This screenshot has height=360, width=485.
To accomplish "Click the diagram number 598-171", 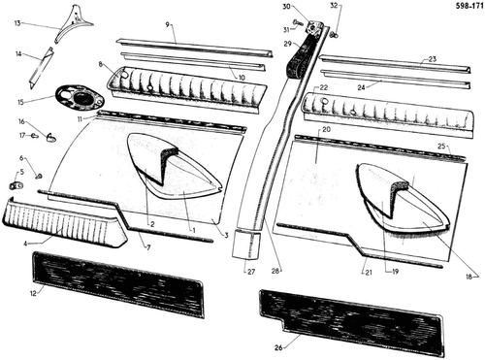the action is [x=469, y=6].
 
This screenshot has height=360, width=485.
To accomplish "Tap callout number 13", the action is [x=17, y=23].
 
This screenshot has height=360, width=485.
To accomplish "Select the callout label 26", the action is [x=278, y=347].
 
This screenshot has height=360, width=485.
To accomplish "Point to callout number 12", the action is [x=33, y=293].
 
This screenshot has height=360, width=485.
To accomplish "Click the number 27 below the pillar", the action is [x=251, y=272].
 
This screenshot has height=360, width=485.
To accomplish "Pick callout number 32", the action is [x=334, y=6].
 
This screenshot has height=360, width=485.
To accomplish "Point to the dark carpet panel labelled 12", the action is [x=118, y=284].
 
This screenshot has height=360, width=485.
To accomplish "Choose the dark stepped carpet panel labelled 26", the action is [x=351, y=322].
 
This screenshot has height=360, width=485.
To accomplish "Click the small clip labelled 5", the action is [x=16, y=185].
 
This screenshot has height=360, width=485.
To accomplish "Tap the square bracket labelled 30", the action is [x=314, y=27].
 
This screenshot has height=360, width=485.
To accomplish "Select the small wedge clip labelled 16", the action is [x=51, y=138].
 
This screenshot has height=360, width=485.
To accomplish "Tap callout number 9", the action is [x=168, y=24].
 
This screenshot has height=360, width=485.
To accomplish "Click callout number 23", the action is [x=433, y=59].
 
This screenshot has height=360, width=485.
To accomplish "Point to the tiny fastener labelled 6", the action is [x=39, y=177].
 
